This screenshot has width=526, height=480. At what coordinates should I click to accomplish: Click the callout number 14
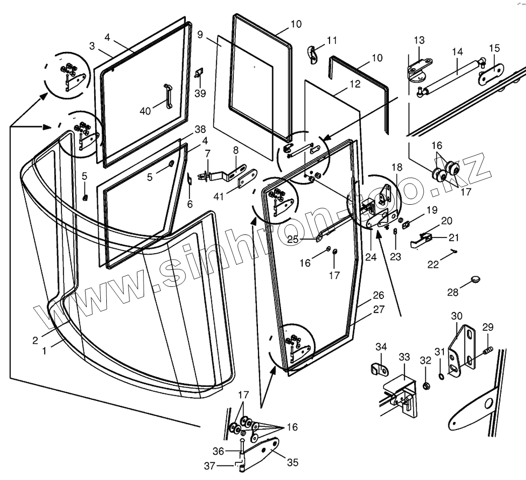click(x=457, y=51)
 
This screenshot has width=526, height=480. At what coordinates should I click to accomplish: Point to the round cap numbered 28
click(x=476, y=279)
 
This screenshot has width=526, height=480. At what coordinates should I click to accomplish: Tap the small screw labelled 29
click(x=488, y=349)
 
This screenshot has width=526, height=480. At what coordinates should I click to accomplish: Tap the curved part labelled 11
click(x=313, y=54)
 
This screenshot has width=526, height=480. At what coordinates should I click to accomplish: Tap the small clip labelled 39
click(x=199, y=74)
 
